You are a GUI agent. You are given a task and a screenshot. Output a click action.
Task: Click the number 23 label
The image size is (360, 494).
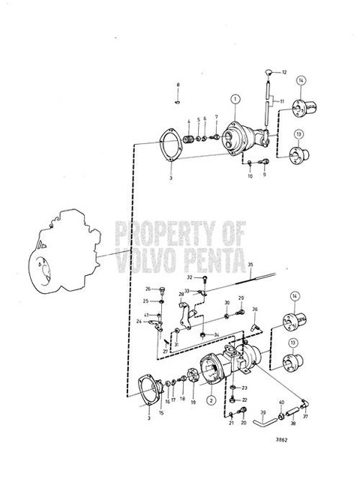(x=244, y=388)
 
